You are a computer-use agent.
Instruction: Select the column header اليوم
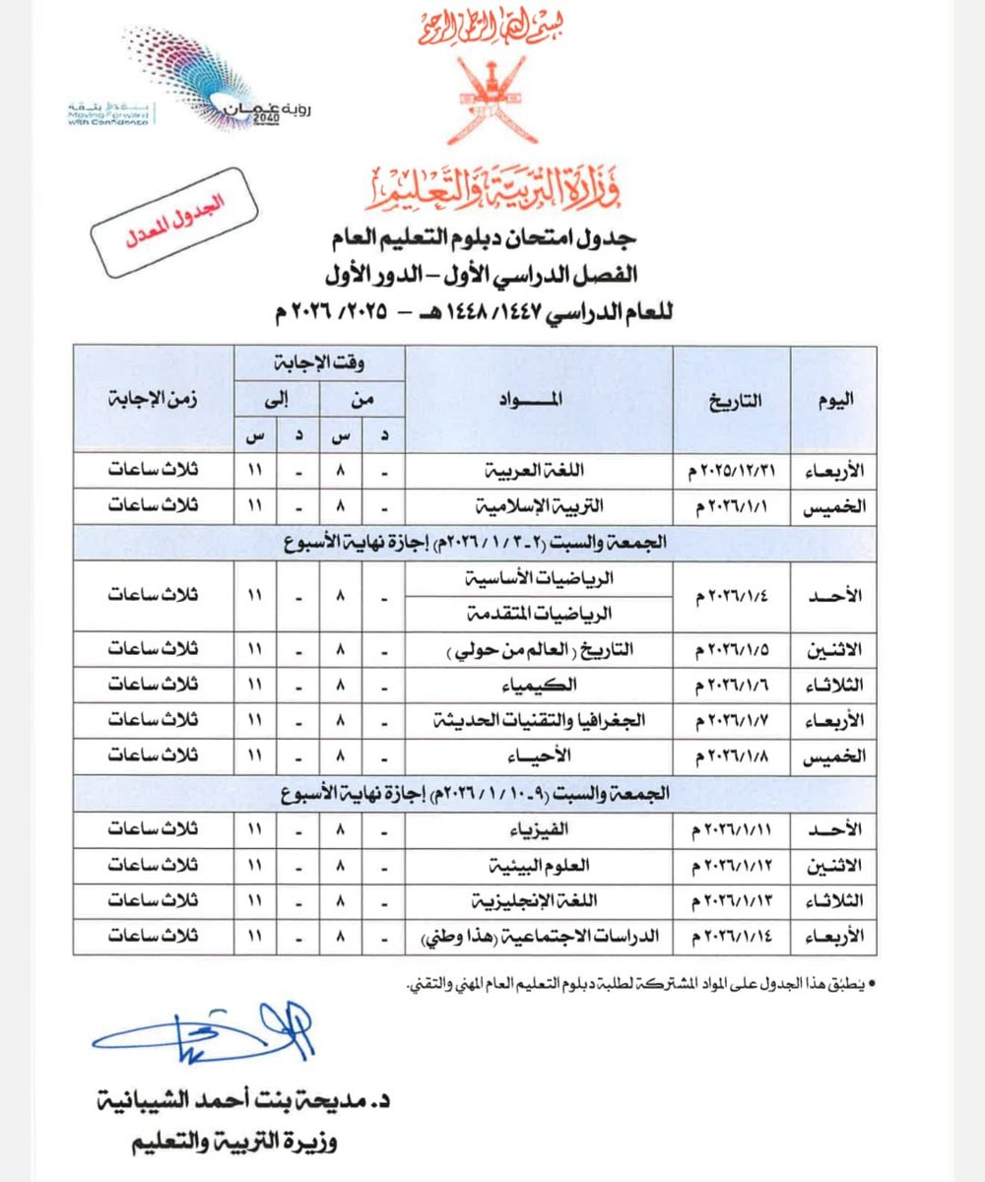tap(834, 399)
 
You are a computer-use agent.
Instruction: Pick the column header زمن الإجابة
tap(153, 399)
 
